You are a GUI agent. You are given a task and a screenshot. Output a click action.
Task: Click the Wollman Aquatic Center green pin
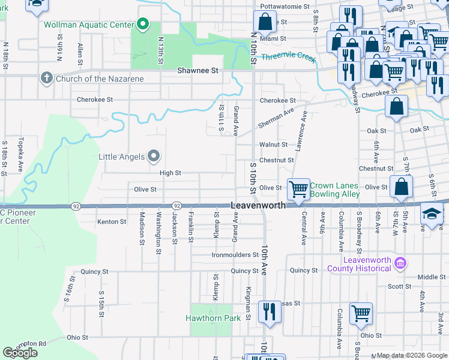(142, 24)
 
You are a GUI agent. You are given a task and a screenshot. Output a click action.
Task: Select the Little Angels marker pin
(154, 157)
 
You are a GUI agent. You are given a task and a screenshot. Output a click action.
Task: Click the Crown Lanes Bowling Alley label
(334, 190)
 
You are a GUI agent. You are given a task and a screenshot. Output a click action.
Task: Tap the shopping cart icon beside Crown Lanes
(298, 190)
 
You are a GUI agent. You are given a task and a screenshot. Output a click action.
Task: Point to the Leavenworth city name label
(258, 205)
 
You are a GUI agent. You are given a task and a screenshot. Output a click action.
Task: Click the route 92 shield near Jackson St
(176, 206)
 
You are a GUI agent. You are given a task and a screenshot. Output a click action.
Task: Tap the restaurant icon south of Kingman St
(269, 312)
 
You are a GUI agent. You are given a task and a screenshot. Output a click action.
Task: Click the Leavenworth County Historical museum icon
(401, 263)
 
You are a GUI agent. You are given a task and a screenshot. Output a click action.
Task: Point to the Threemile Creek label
(288, 58)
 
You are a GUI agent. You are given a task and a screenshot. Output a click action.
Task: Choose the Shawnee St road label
(197, 70)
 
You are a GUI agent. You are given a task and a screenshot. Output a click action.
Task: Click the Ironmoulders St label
(235, 255)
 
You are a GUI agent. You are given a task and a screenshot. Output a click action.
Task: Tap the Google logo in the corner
(20, 353)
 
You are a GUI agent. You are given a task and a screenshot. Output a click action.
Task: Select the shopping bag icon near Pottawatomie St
(264, 23)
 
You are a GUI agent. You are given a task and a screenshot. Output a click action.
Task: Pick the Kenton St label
(111, 221)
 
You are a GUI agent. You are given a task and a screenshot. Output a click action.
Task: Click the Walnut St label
(273, 145)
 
